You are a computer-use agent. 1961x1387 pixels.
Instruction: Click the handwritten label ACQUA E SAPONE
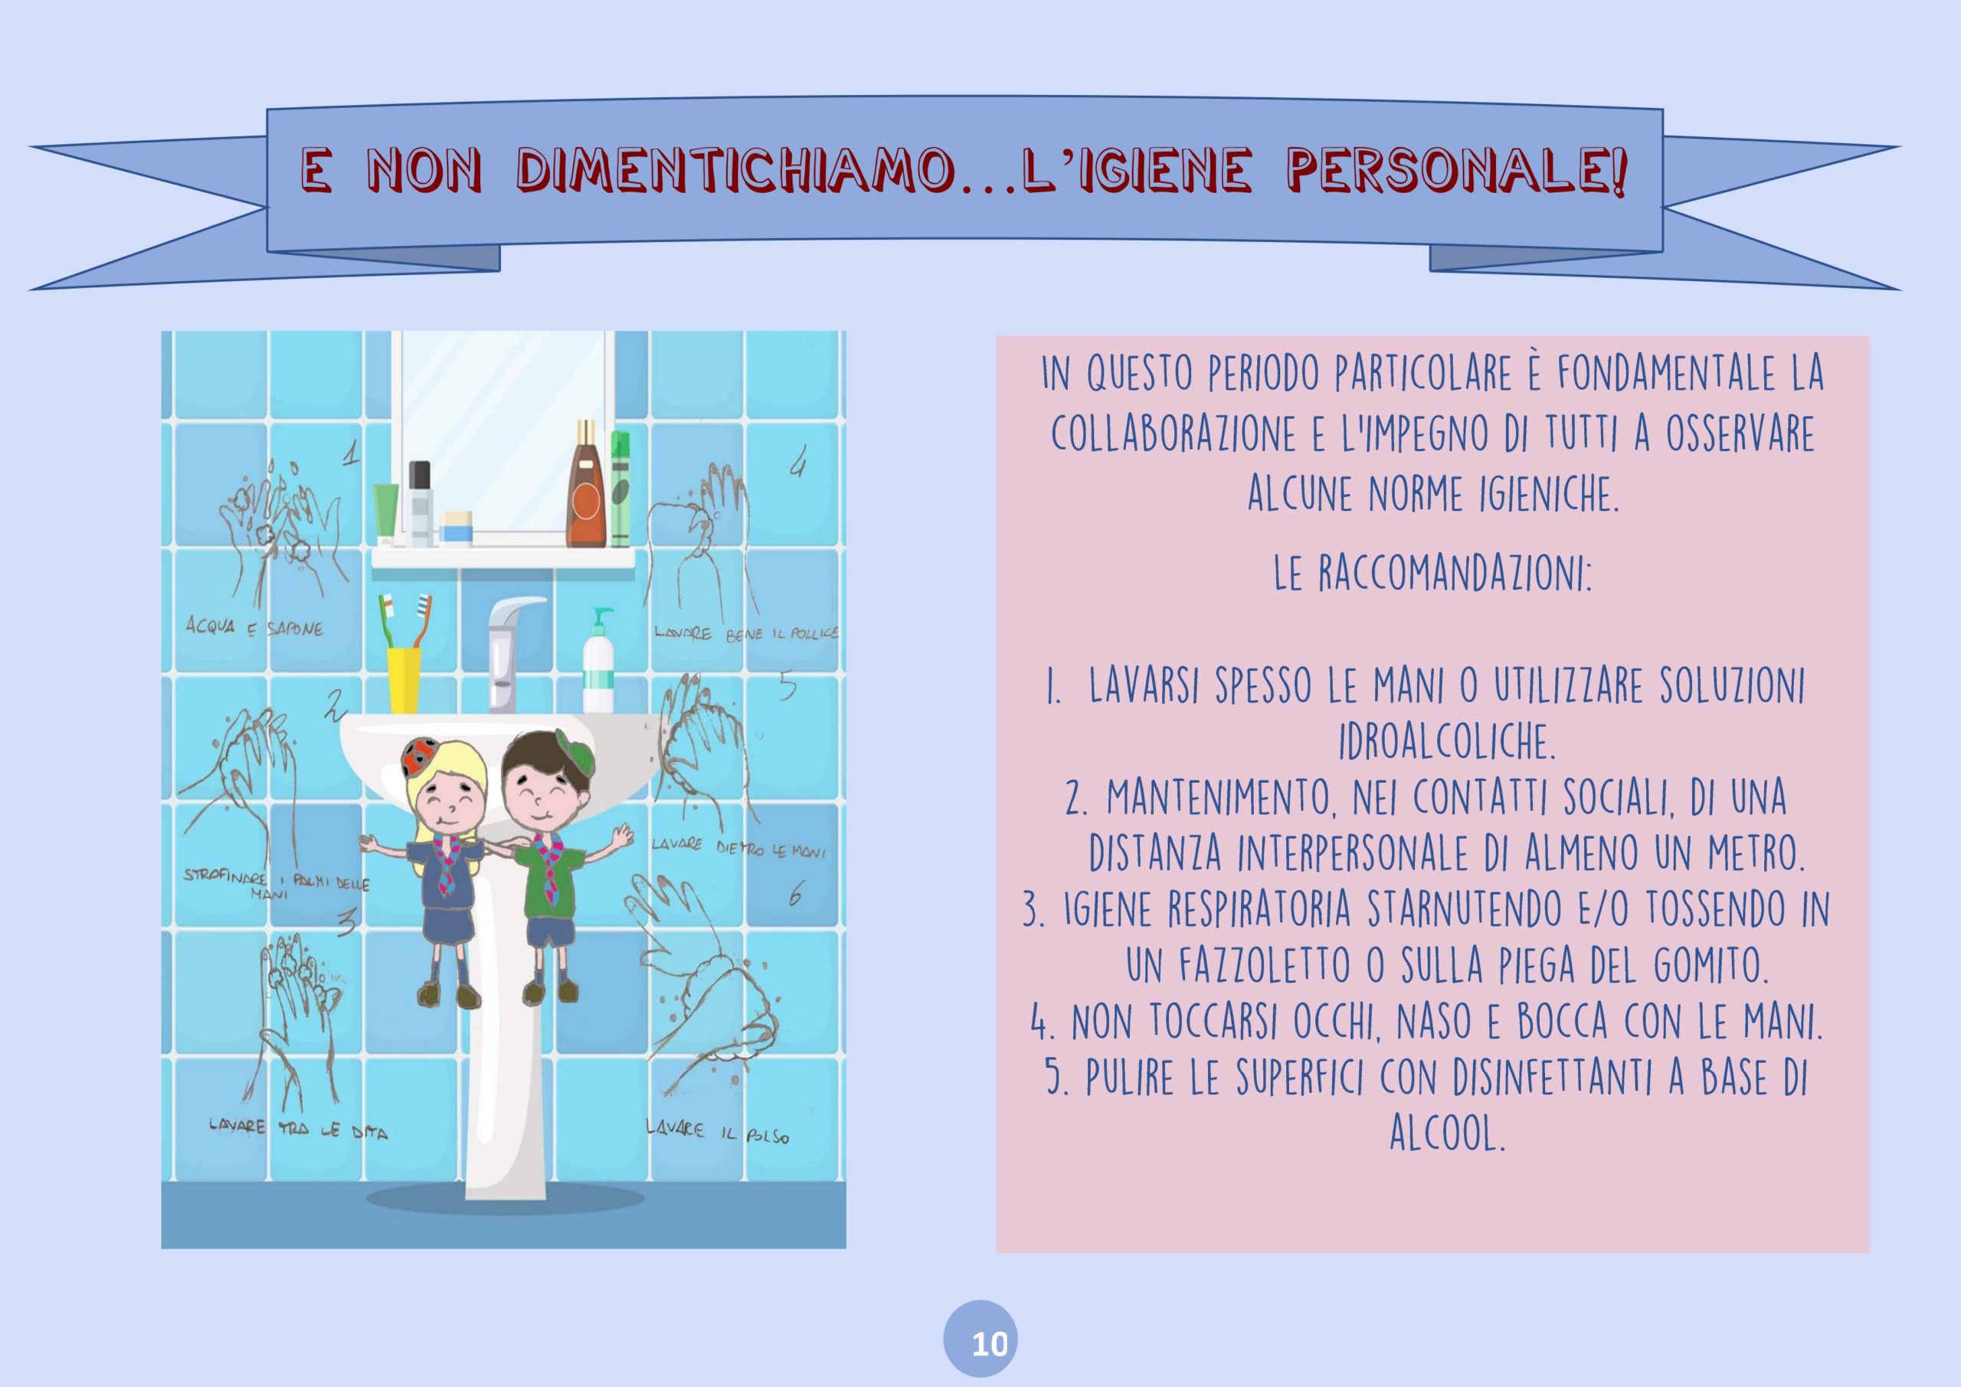click(x=255, y=628)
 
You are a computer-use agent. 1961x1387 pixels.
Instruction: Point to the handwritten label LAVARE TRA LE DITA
click(x=298, y=1130)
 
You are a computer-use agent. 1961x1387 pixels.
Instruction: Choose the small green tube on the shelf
click(x=386, y=512)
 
